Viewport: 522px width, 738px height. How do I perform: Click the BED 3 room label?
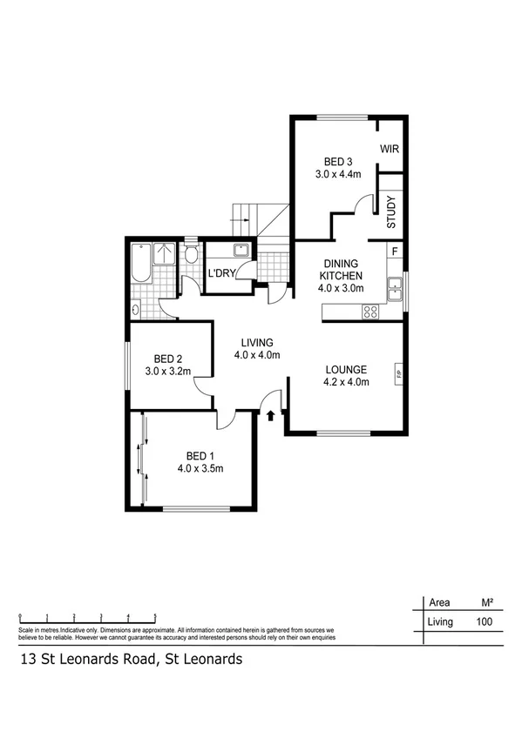338,161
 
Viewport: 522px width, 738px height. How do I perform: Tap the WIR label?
389,149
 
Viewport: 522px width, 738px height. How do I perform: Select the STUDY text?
391,212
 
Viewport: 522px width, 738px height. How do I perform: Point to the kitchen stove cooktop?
369,310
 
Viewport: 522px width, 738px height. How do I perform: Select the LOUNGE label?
346,368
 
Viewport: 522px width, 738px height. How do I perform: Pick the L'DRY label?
219,274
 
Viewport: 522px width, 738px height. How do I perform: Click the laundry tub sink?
241,252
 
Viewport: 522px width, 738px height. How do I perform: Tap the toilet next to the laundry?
191,255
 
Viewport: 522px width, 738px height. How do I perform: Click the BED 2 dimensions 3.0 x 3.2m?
167,371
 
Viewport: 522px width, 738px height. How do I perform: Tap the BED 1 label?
200,455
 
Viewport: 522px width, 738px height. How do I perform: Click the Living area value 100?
484,621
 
